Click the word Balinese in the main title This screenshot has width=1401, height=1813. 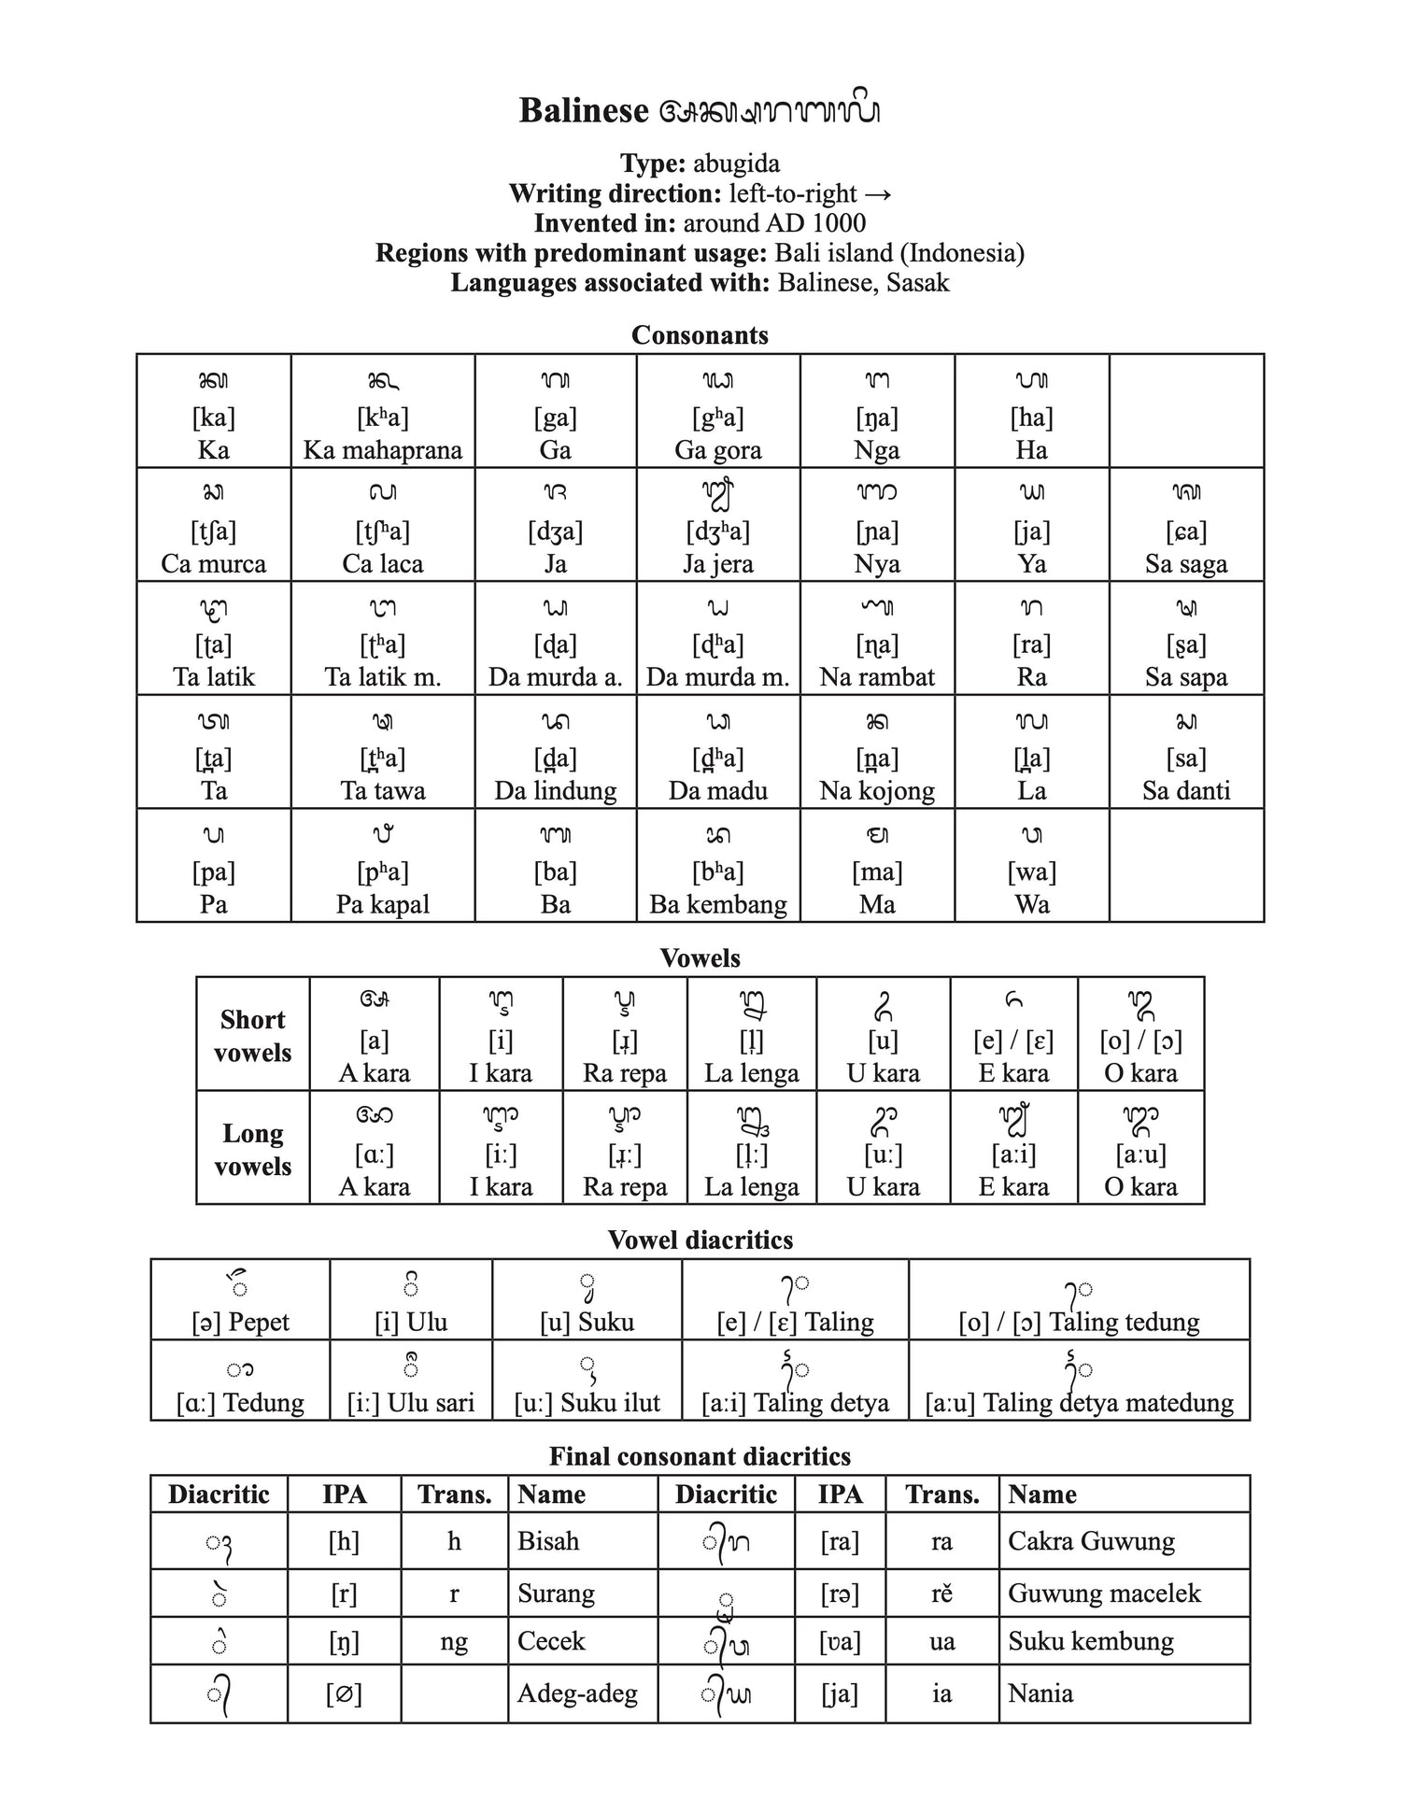coord(583,111)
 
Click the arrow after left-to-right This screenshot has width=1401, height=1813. coord(878,193)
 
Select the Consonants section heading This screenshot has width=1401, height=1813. coord(700,335)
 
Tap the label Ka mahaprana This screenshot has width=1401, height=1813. coord(382,450)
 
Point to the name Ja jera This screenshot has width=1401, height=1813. coord(717,564)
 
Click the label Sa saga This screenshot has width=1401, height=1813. coord(1185,564)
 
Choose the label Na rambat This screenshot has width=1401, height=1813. coord(876,677)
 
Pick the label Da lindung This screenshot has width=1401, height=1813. coord(555,791)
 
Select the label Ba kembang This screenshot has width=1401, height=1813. coord(717,904)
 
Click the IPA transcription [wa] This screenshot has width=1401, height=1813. coord(1031,871)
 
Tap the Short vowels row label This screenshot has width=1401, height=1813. coord(252,1035)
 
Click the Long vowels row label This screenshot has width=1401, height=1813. coord(252,1149)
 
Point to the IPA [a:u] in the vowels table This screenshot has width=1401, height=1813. coord(1139,1154)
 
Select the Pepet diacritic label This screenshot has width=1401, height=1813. coord(240,1322)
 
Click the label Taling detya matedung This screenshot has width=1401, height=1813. coord(1079,1402)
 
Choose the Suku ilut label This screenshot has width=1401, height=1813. coord(587,1402)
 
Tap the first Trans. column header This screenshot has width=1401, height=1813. coord(454,1494)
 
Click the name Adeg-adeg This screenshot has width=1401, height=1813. coord(577,1693)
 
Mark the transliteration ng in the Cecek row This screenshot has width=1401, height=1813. coord(454,1641)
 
